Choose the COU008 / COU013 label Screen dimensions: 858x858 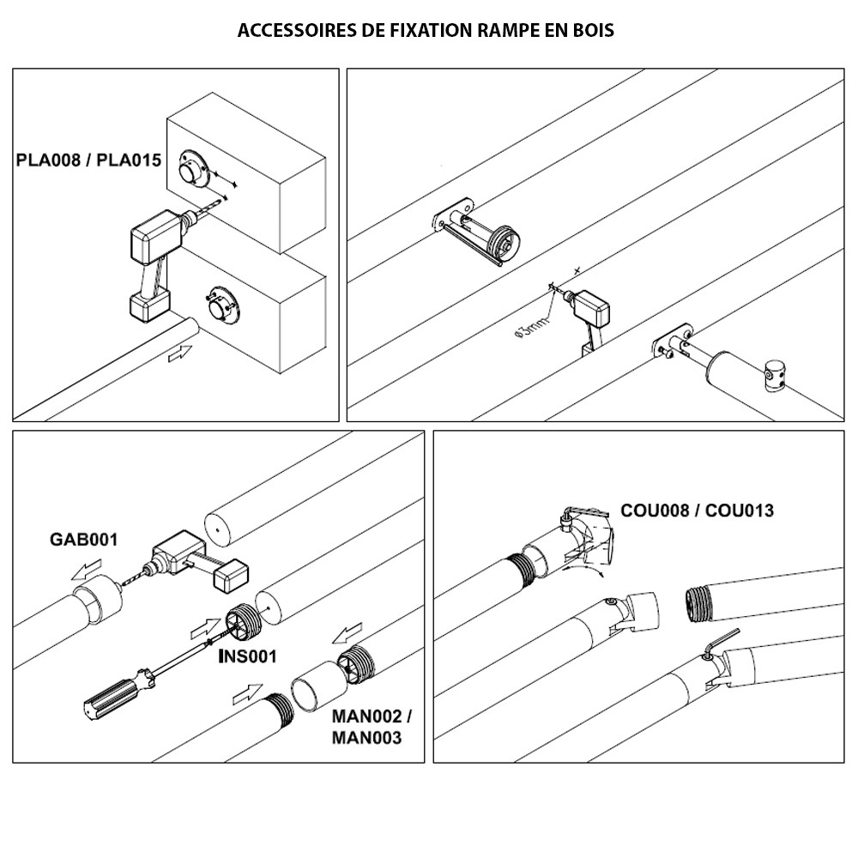click(697, 511)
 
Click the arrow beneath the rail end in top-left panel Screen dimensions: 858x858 click(181, 353)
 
